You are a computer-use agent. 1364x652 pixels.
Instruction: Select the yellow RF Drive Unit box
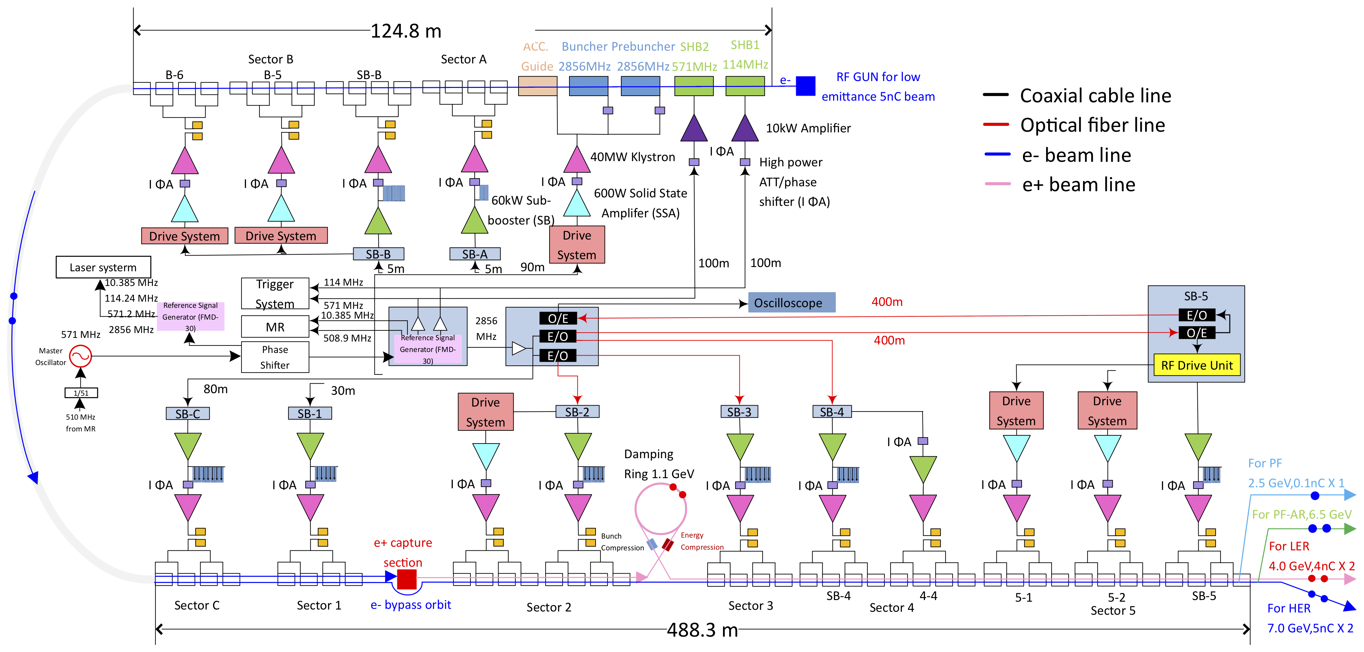1197,365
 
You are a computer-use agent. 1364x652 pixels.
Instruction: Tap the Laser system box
103,267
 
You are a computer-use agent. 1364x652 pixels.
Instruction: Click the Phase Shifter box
275,357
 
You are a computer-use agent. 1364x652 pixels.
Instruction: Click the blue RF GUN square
805,86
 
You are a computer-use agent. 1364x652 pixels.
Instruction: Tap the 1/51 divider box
81,393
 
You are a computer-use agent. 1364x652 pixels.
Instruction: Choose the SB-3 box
739,411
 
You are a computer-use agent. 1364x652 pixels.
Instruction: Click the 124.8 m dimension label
405,31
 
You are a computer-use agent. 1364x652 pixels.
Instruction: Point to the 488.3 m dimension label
702,630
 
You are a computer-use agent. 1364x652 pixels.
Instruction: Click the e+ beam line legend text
1078,184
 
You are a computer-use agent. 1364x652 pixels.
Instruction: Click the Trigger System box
275,293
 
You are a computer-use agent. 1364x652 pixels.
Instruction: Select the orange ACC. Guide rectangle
537,86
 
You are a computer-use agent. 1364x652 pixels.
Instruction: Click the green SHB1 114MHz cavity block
745,86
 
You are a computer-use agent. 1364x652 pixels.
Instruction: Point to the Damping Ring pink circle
661,509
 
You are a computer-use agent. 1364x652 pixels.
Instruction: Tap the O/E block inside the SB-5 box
1197,333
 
